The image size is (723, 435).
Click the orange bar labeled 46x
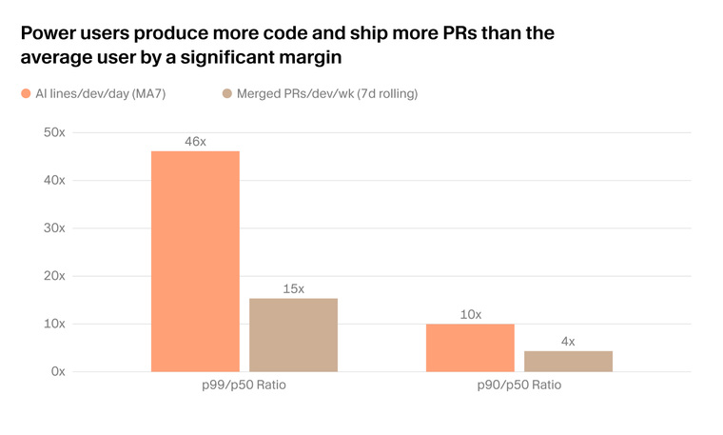click(x=196, y=261)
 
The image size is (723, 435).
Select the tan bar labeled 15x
click(x=293, y=335)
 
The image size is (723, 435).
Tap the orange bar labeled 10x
click(x=470, y=347)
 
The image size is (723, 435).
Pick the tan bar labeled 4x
click(x=568, y=361)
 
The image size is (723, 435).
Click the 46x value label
click(x=196, y=142)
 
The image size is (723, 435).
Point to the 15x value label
click(x=293, y=288)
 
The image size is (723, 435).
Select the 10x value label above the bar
click(x=470, y=315)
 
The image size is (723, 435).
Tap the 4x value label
click(x=568, y=342)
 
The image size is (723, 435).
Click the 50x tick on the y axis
click(x=54, y=132)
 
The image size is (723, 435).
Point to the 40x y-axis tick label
click(x=54, y=180)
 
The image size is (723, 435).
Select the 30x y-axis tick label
click(x=54, y=227)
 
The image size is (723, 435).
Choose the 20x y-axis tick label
click(x=54, y=276)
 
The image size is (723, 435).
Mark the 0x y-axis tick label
click(x=58, y=371)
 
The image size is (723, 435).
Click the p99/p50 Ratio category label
click(x=244, y=385)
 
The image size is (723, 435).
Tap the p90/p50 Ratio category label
click(x=519, y=385)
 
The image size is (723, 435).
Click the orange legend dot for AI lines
click(x=26, y=93)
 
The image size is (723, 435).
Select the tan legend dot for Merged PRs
click(x=226, y=93)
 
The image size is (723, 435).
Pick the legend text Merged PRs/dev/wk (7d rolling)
click(x=327, y=93)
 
